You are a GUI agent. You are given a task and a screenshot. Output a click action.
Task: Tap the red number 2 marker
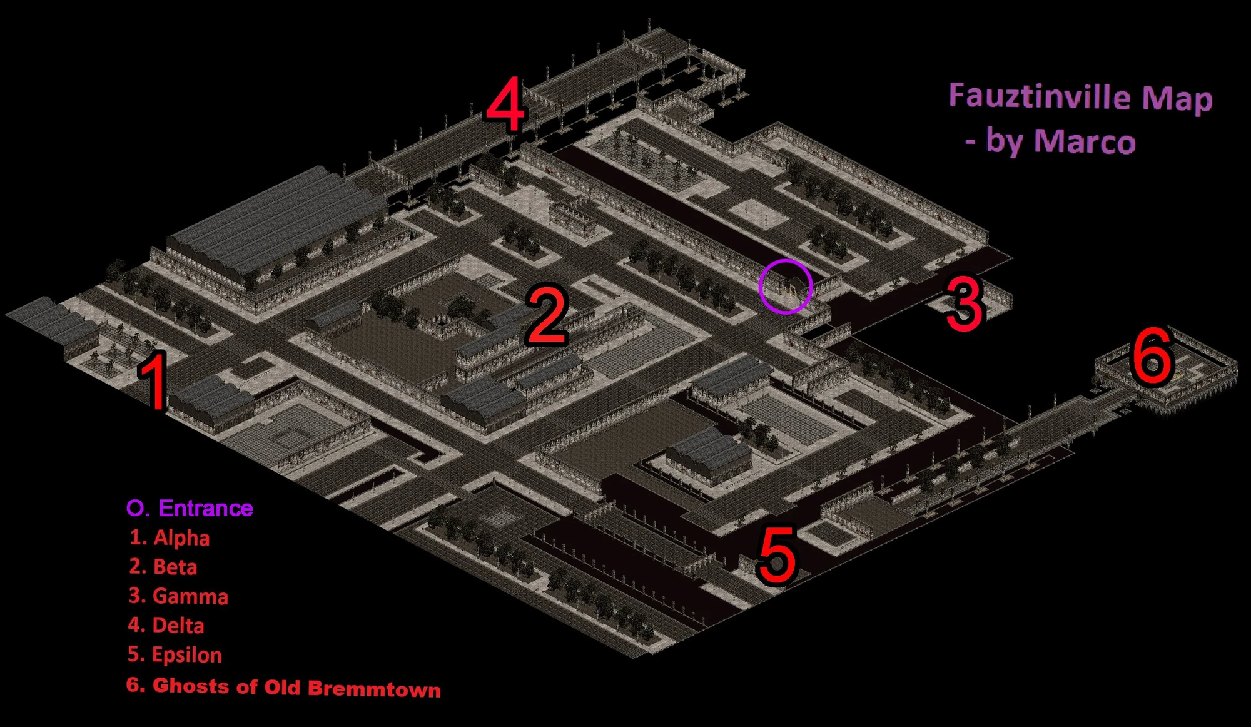(547, 315)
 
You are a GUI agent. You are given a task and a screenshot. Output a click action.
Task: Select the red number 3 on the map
(965, 304)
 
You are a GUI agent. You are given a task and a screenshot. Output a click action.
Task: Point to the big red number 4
(505, 103)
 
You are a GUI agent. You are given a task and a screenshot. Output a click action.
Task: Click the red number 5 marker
(777, 555)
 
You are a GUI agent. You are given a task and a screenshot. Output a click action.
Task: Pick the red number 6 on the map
(1152, 356)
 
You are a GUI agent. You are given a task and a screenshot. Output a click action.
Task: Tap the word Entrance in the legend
(206, 508)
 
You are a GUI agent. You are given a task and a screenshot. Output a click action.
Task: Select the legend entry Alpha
(181, 538)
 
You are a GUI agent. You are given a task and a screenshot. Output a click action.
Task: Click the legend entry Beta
(175, 567)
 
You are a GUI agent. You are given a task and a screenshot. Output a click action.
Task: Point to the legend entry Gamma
(191, 596)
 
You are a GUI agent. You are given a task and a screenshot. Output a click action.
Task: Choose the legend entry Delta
(178, 626)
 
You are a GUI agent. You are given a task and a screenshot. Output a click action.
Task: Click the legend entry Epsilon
(187, 655)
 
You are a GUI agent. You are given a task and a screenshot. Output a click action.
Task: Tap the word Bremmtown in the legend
(374, 689)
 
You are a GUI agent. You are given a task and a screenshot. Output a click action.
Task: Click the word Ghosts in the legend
(191, 686)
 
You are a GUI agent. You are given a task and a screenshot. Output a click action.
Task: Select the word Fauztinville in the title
(1040, 96)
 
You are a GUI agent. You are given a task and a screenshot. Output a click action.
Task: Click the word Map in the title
(1177, 99)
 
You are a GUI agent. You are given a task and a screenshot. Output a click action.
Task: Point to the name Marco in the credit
(1085, 141)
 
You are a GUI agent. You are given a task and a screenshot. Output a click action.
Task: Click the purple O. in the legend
(138, 508)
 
